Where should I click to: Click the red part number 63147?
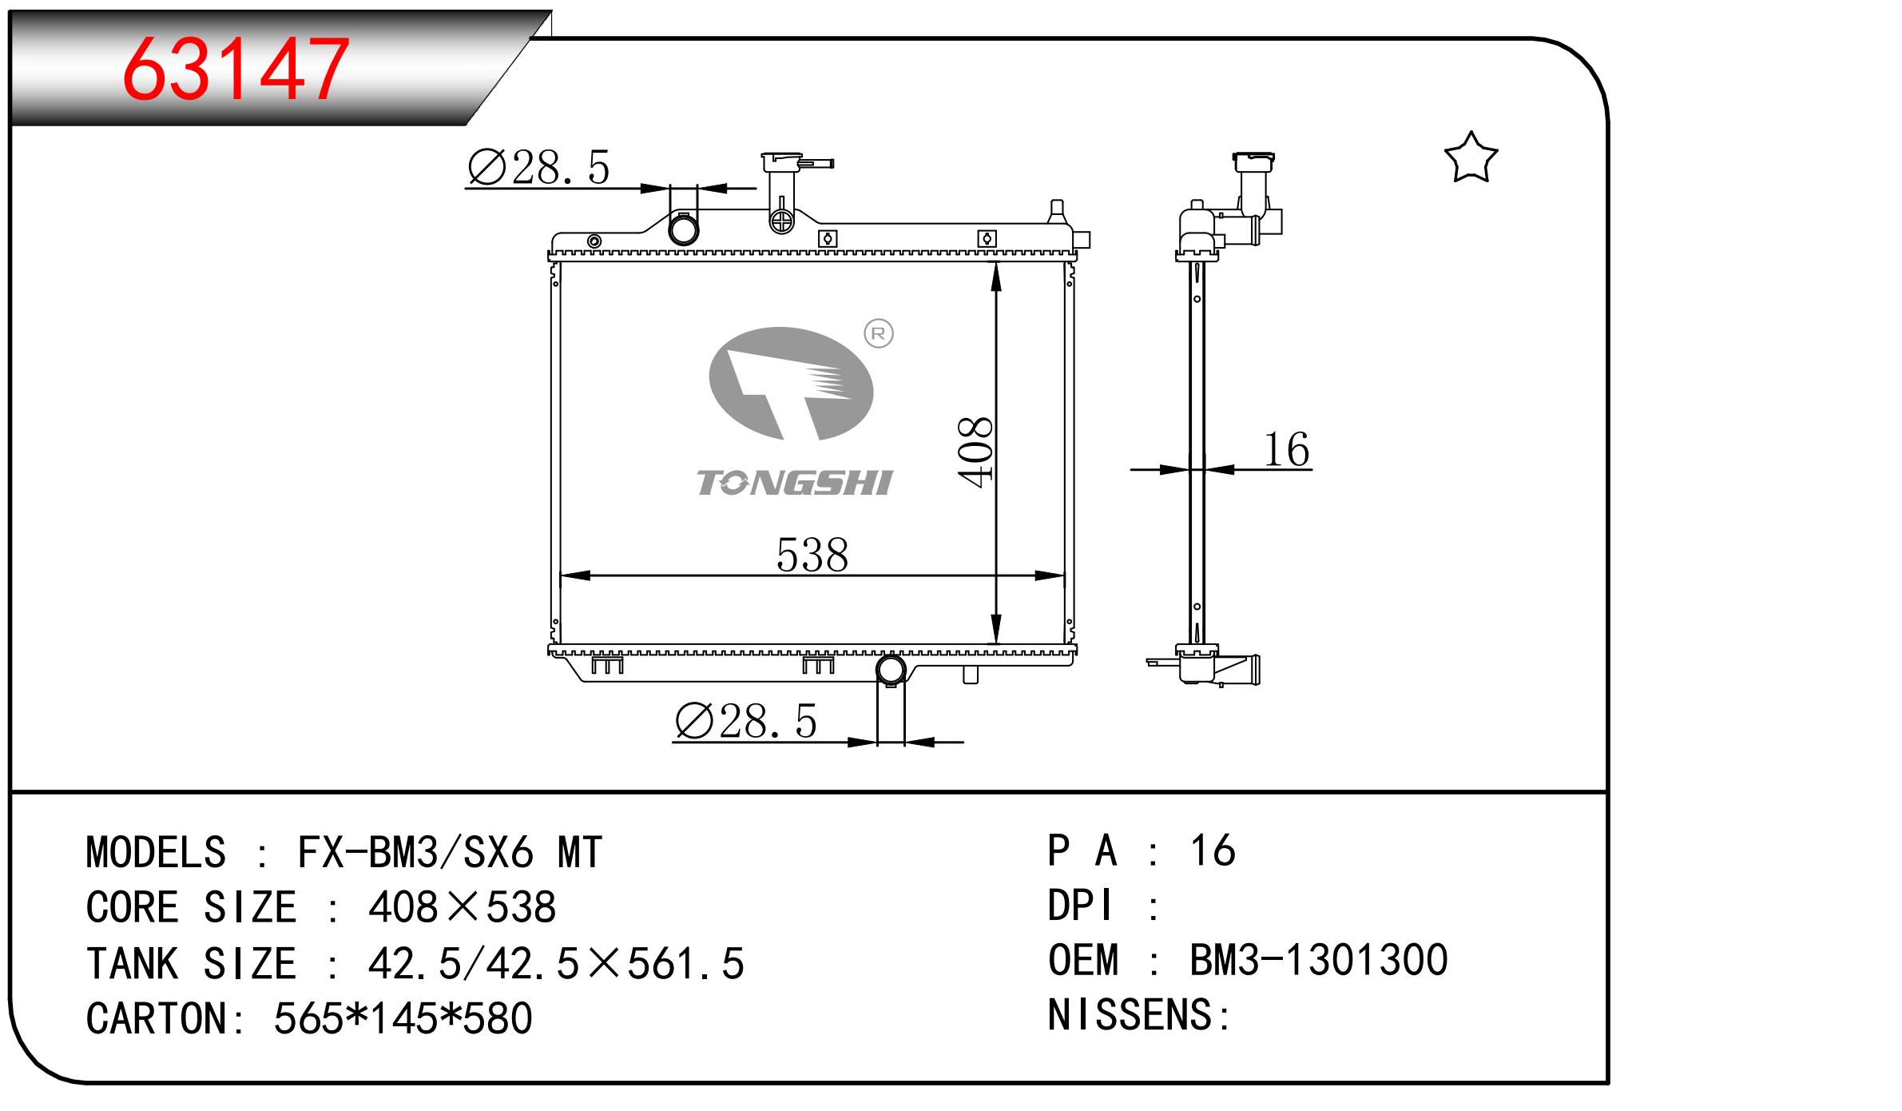pos(236,70)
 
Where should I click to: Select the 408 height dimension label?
pos(976,452)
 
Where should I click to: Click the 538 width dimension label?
pos(812,555)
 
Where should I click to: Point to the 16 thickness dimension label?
pos(1286,449)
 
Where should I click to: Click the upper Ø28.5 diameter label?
pos(538,168)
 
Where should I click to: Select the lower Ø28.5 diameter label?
pos(746,722)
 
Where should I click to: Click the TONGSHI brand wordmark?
pos(794,483)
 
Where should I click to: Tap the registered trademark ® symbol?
pos(879,333)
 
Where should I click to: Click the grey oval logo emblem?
pos(791,384)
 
